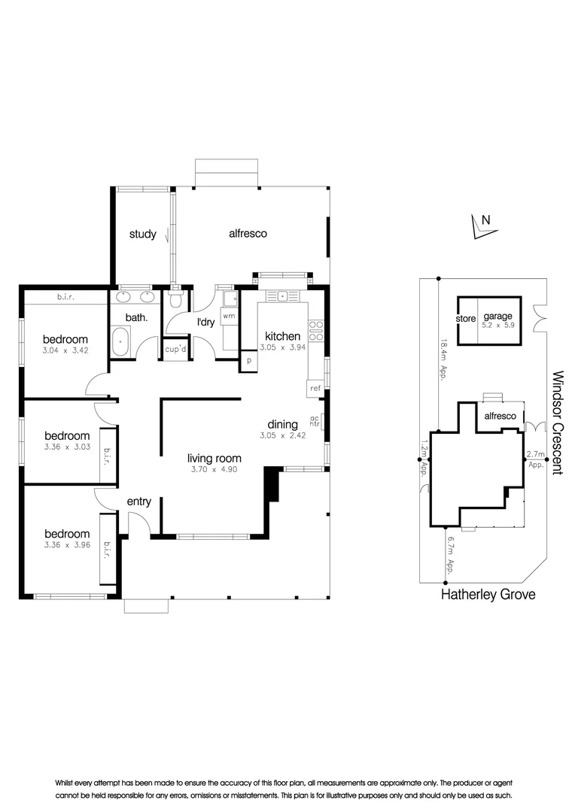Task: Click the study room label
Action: pyautogui.click(x=142, y=234)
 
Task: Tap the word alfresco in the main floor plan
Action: pyautogui.click(x=248, y=234)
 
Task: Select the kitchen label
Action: pyautogui.click(x=282, y=336)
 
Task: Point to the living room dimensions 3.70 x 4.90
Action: pyautogui.click(x=214, y=470)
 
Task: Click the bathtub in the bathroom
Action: pyautogui.click(x=120, y=342)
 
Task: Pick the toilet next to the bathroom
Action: pyautogui.click(x=176, y=299)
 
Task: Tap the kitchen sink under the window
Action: pyautogui.click(x=282, y=296)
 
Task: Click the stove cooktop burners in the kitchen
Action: pyautogui.click(x=316, y=331)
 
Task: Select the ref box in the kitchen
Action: pyautogui.click(x=315, y=388)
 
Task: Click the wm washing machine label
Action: pyautogui.click(x=229, y=316)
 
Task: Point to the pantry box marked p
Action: pyautogui.click(x=249, y=361)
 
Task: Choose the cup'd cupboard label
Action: pyautogui.click(x=175, y=349)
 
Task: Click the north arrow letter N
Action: pyautogui.click(x=486, y=220)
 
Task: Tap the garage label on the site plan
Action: pyautogui.click(x=497, y=316)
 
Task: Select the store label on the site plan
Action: pyautogui.click(x=466, y=319)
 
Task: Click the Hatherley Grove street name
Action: pyautogui.click(x=488, y=595)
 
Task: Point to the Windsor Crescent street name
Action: pyautogui.click(x=558, y=423)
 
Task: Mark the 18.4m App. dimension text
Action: pyautogui.click(x=443, y=360)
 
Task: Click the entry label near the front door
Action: pyautogui.click(x=139, y=501)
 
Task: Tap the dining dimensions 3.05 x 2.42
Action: pyautogui.click(x=282, y=435)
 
